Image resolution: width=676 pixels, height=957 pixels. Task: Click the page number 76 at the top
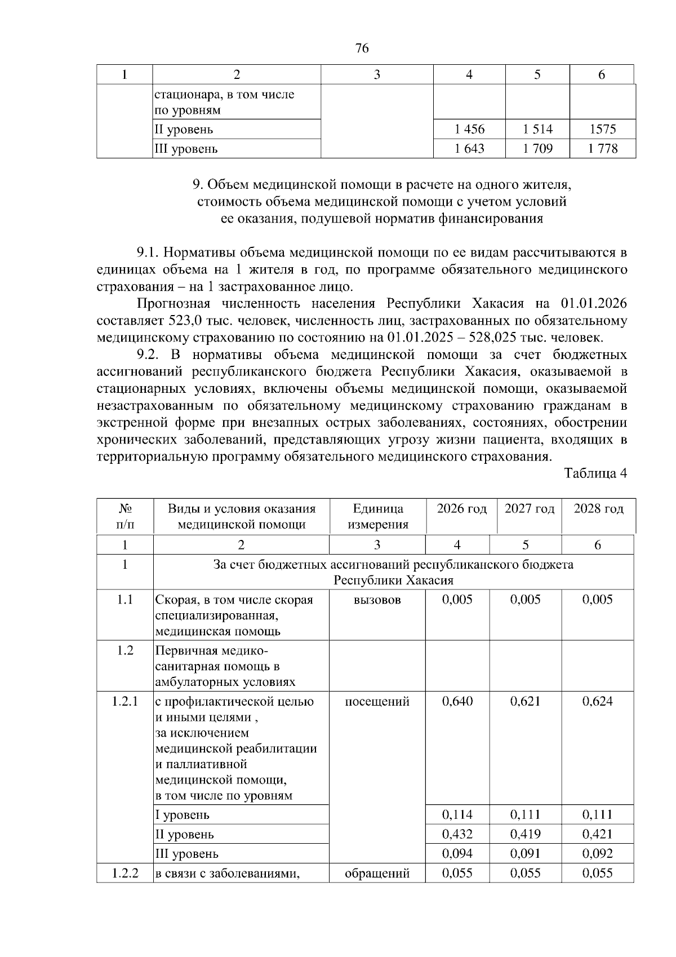362,48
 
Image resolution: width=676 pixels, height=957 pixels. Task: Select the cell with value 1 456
469,129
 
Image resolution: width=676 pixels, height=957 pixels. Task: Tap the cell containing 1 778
602,149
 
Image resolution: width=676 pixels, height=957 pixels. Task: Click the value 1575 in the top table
602,129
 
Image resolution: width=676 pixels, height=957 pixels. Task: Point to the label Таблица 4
595,473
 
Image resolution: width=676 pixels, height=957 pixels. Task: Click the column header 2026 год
461,509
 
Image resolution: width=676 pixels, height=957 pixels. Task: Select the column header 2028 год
598,509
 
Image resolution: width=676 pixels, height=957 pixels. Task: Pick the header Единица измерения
377,516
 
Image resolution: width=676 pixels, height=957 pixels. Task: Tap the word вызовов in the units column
377,600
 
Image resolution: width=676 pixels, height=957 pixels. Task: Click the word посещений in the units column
377,701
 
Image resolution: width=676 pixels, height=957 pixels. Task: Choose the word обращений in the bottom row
377,873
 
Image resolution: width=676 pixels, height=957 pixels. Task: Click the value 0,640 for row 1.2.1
457,701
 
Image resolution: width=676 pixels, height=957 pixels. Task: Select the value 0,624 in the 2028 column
597,701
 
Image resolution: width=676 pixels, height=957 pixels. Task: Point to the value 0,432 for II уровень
457,834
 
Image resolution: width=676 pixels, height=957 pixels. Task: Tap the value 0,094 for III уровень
457,853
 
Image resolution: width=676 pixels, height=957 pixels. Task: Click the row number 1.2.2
125,873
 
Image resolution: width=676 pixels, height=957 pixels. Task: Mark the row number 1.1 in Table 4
125,600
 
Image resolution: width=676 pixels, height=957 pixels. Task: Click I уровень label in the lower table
183,814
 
